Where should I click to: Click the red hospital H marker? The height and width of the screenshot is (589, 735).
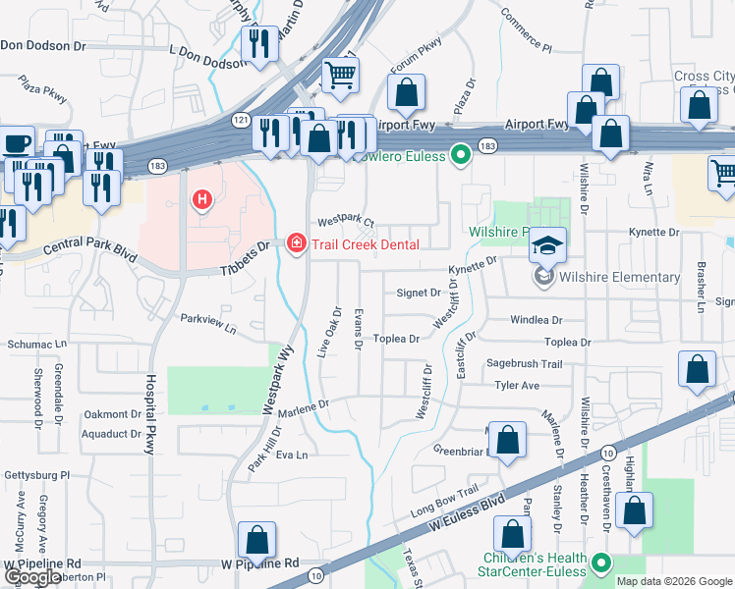[x=202, y=201]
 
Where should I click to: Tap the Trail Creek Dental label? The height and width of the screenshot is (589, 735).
[x=366, y=244]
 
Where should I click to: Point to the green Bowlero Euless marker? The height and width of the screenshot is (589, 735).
[x=459, y=154]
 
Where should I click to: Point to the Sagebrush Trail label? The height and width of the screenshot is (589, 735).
[x=524, y=364]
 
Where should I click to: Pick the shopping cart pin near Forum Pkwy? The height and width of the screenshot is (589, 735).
[x=340, y=74]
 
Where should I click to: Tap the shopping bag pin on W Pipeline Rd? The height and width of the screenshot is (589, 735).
[x=256, y=539]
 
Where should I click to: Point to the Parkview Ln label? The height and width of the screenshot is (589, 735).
[x=208, y=323]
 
